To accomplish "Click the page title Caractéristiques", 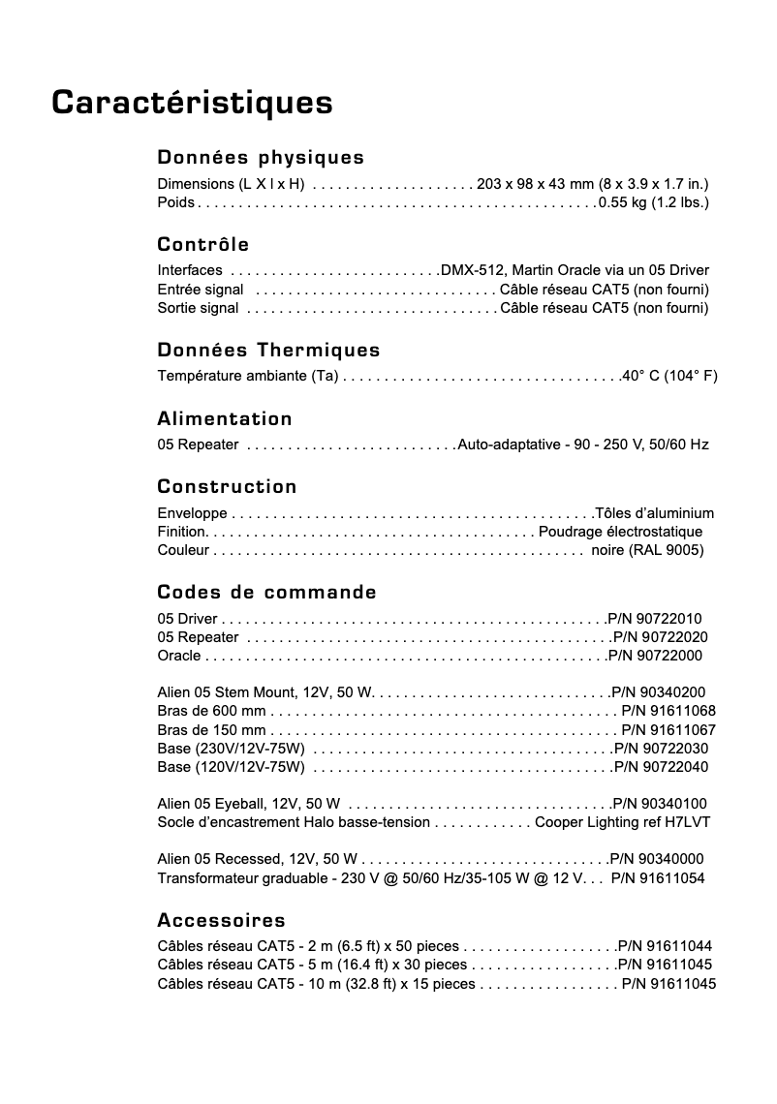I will [x=192, y=103].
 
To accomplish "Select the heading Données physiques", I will [x=261, y=157].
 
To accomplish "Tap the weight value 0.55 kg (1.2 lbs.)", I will [x=654, y=202].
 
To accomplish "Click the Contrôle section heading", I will [x=202, y=244].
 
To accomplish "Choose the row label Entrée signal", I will [x=200, y=290].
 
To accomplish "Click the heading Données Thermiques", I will [x=268, y=350].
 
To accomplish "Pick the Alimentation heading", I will [x=225, y=418].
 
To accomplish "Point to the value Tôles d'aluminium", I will [x=655, y=513].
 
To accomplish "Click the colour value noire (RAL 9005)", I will [x=647, y=550].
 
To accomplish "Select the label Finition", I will [x=181, y=532].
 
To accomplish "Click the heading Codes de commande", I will [x=266, y=592].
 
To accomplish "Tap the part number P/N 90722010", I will [x=655, y=619].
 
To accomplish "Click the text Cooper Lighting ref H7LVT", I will [x=623, y=822].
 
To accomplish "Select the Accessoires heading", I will [x=221, y=920].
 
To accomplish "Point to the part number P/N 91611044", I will [x=665, y=946].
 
